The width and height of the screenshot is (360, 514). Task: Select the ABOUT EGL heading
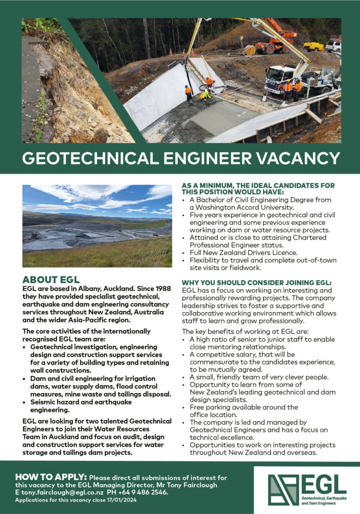[51, 280]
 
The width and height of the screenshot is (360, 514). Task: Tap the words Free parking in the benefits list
[210, 407]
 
